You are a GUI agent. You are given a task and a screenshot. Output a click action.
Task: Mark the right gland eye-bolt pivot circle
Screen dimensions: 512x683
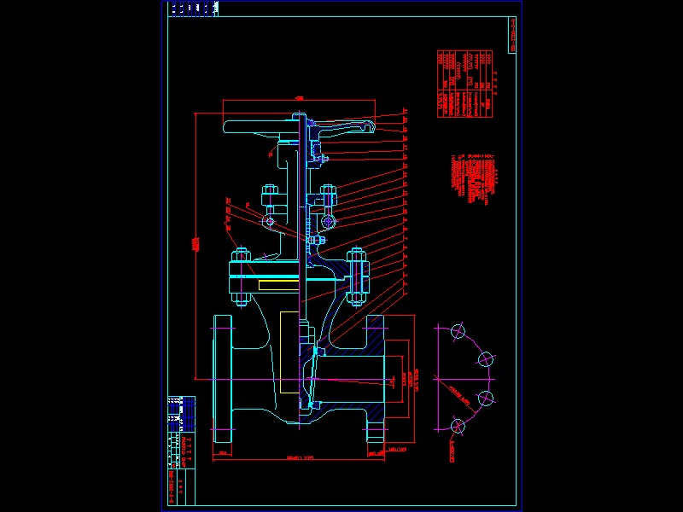[x=328, y=222]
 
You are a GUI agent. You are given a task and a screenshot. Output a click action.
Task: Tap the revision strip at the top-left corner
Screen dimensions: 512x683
[x=193, y=9]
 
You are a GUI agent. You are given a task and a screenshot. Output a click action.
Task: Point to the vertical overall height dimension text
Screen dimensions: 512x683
[x=196, y=244]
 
